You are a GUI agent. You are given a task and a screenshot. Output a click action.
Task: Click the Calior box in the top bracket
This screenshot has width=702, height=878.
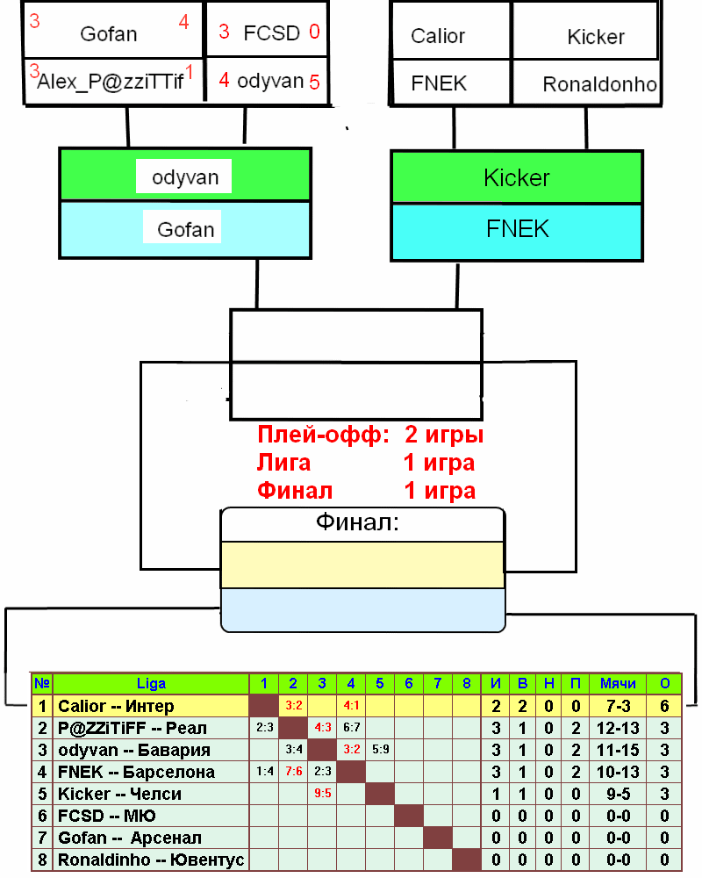pos(438,37)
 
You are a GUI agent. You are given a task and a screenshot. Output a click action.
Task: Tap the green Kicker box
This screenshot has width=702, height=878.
pos(517,178)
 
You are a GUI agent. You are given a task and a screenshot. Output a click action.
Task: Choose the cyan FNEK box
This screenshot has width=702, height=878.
pos(517,230)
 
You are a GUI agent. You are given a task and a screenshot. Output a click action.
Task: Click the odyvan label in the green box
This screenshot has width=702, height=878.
pos(185,177)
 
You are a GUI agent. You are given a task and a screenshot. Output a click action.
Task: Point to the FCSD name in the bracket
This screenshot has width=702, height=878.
pos(271,32)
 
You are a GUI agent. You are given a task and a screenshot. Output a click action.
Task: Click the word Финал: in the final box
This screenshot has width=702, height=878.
pos(357,523)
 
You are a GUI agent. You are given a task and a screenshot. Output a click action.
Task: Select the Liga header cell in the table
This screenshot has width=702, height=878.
pos(151,684)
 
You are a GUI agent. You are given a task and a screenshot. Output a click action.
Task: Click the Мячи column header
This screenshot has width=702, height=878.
pos(618,684)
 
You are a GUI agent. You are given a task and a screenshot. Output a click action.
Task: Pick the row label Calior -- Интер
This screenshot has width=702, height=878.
pos(116,706)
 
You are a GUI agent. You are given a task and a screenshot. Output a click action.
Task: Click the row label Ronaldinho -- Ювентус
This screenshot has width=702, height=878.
pos(150,860)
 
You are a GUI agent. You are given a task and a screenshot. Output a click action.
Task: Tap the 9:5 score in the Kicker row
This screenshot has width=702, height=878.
pos(322,794)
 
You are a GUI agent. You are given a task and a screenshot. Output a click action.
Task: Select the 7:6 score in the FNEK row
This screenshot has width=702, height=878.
pos(293,772)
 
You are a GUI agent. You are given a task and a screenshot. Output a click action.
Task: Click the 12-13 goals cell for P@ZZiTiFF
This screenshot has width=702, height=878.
pos(618,728)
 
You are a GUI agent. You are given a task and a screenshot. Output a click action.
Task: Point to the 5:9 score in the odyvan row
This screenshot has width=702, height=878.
pos(380,750)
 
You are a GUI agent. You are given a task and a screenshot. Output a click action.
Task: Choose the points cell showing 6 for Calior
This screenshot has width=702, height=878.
pos(664,706)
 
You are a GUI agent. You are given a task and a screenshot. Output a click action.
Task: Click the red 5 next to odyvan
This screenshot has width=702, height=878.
pos(314,82)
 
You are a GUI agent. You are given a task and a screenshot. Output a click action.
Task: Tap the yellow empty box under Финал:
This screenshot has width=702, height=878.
pos(362,565)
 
